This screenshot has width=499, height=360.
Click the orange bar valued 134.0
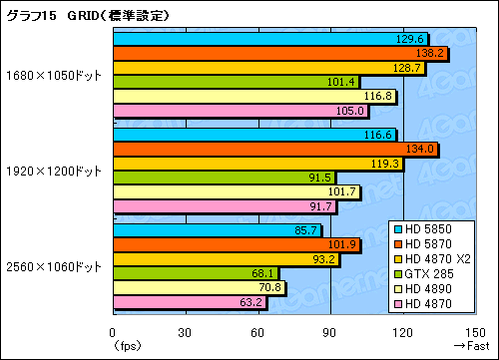274,149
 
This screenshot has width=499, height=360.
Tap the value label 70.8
269,288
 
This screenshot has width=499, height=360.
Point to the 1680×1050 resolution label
54,75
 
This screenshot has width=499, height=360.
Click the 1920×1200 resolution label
54,171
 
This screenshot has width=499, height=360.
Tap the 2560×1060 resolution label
54,266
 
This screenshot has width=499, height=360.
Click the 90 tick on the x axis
331,332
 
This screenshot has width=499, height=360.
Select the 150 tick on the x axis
477,332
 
